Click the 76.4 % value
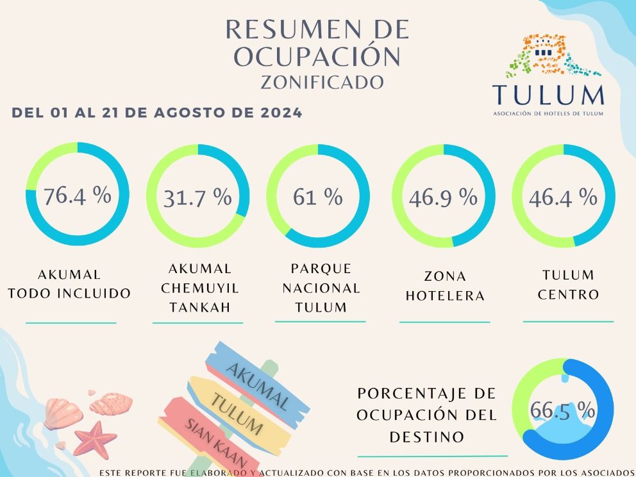point(77,196)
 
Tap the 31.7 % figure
point(197,197)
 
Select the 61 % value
point(318,197)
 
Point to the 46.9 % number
point(443,197)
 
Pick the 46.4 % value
point(563,197)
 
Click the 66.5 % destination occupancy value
point(562,410)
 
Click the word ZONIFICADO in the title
point(322,82)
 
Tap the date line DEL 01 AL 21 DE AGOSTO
point(157,112)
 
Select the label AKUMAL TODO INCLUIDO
point(69,283)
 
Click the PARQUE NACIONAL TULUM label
point(321,288)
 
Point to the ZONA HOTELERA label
point(445,286)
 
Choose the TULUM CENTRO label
point(568,285)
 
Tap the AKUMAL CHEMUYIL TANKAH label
point(199,288)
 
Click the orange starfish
point(96,440)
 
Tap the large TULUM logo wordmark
point(548,95)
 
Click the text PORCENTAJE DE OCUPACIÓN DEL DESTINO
point(426,415)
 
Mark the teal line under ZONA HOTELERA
point(444,322)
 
